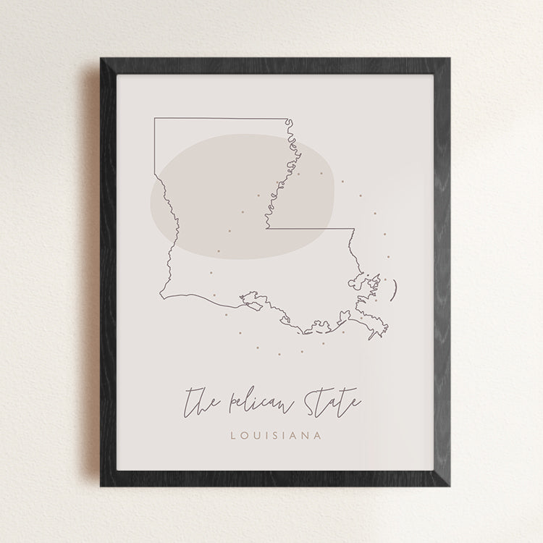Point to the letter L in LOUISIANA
pyautogui.click(x=232, y=436)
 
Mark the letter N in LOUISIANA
pyautogui.click(x=301, y=436)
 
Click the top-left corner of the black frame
pyautogui.click(x=101, y=58)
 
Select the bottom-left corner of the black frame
pyautogui.click(x=101, y=486)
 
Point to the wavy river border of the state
pyautogui.click(x=285, y=174)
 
